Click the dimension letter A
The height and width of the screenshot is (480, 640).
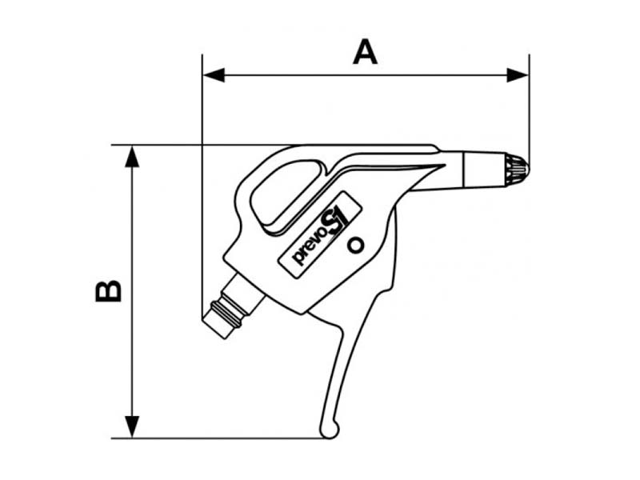[x=365, y=53]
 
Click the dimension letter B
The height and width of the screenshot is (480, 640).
[x=109, y=290]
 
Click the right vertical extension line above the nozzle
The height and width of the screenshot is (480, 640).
[x=529, y=104]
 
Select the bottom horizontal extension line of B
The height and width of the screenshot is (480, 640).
[x=224, y=438]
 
